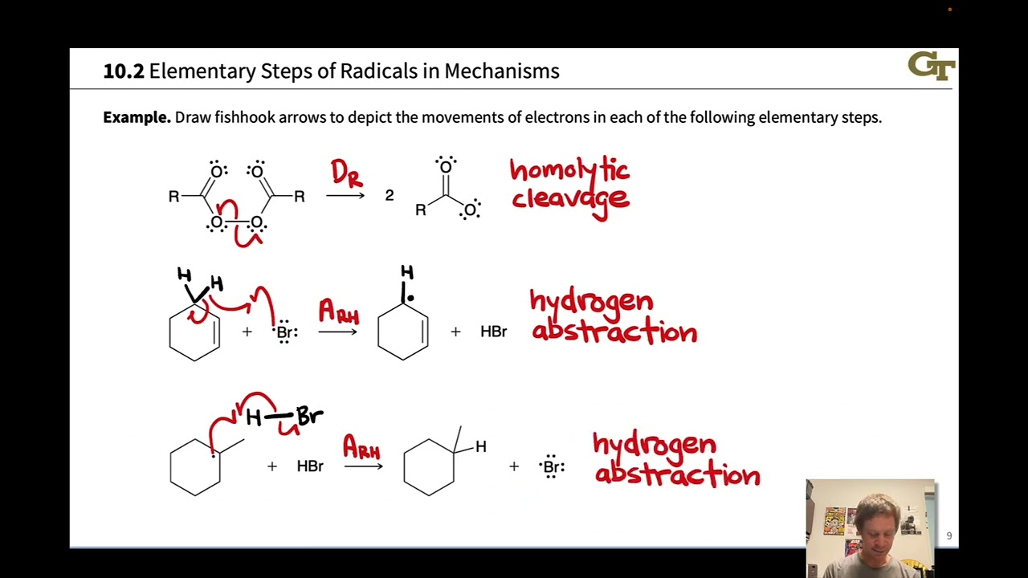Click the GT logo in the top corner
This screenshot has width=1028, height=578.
pos(931,66)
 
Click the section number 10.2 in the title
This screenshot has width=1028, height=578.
pos(123,71)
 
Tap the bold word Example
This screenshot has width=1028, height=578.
pos(137,117)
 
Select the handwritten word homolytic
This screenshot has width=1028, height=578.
pos(569,170)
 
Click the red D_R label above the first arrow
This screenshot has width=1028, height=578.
pos(346,173)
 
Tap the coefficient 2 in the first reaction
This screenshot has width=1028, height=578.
pos(390,196)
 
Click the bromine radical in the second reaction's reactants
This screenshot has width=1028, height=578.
pos(285,332)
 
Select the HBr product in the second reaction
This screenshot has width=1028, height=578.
pos(493,332)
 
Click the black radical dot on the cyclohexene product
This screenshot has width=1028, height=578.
pos(410,298)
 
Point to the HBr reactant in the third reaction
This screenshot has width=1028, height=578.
pos(309,466)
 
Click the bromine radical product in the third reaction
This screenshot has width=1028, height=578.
pos(552,466)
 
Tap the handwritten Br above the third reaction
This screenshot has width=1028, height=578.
pos(309,416)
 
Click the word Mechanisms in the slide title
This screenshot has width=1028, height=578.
pos(501,71)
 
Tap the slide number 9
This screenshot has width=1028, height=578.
pos(948,535)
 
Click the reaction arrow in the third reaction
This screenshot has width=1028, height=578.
pos(363,466)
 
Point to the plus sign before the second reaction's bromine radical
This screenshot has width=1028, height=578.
pos(247,332)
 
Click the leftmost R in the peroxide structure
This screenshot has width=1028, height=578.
pos(173,197)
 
